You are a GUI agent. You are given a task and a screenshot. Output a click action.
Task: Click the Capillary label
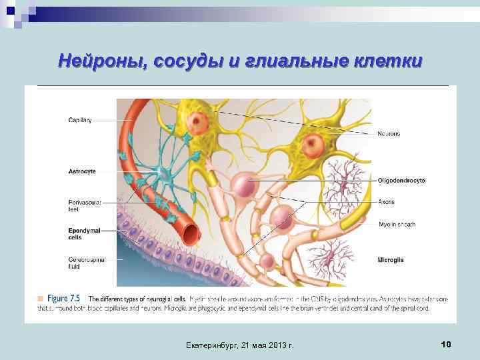80,120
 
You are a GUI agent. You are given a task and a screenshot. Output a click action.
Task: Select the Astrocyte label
82,171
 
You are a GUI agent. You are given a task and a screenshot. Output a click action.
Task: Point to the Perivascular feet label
84,205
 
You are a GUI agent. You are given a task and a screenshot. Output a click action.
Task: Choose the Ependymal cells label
84,233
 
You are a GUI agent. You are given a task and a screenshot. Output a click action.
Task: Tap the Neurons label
389,134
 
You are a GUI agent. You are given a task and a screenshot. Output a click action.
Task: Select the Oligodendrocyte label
401,181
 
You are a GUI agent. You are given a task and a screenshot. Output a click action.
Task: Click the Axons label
387,201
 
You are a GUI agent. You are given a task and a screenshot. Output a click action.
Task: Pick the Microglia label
390,259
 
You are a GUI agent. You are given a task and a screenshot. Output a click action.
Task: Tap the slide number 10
446,344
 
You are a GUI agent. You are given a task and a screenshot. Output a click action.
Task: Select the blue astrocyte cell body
164,175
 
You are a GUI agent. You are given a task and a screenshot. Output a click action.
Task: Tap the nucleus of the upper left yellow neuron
198,121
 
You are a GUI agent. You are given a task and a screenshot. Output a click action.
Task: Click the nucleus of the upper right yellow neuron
313,143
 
